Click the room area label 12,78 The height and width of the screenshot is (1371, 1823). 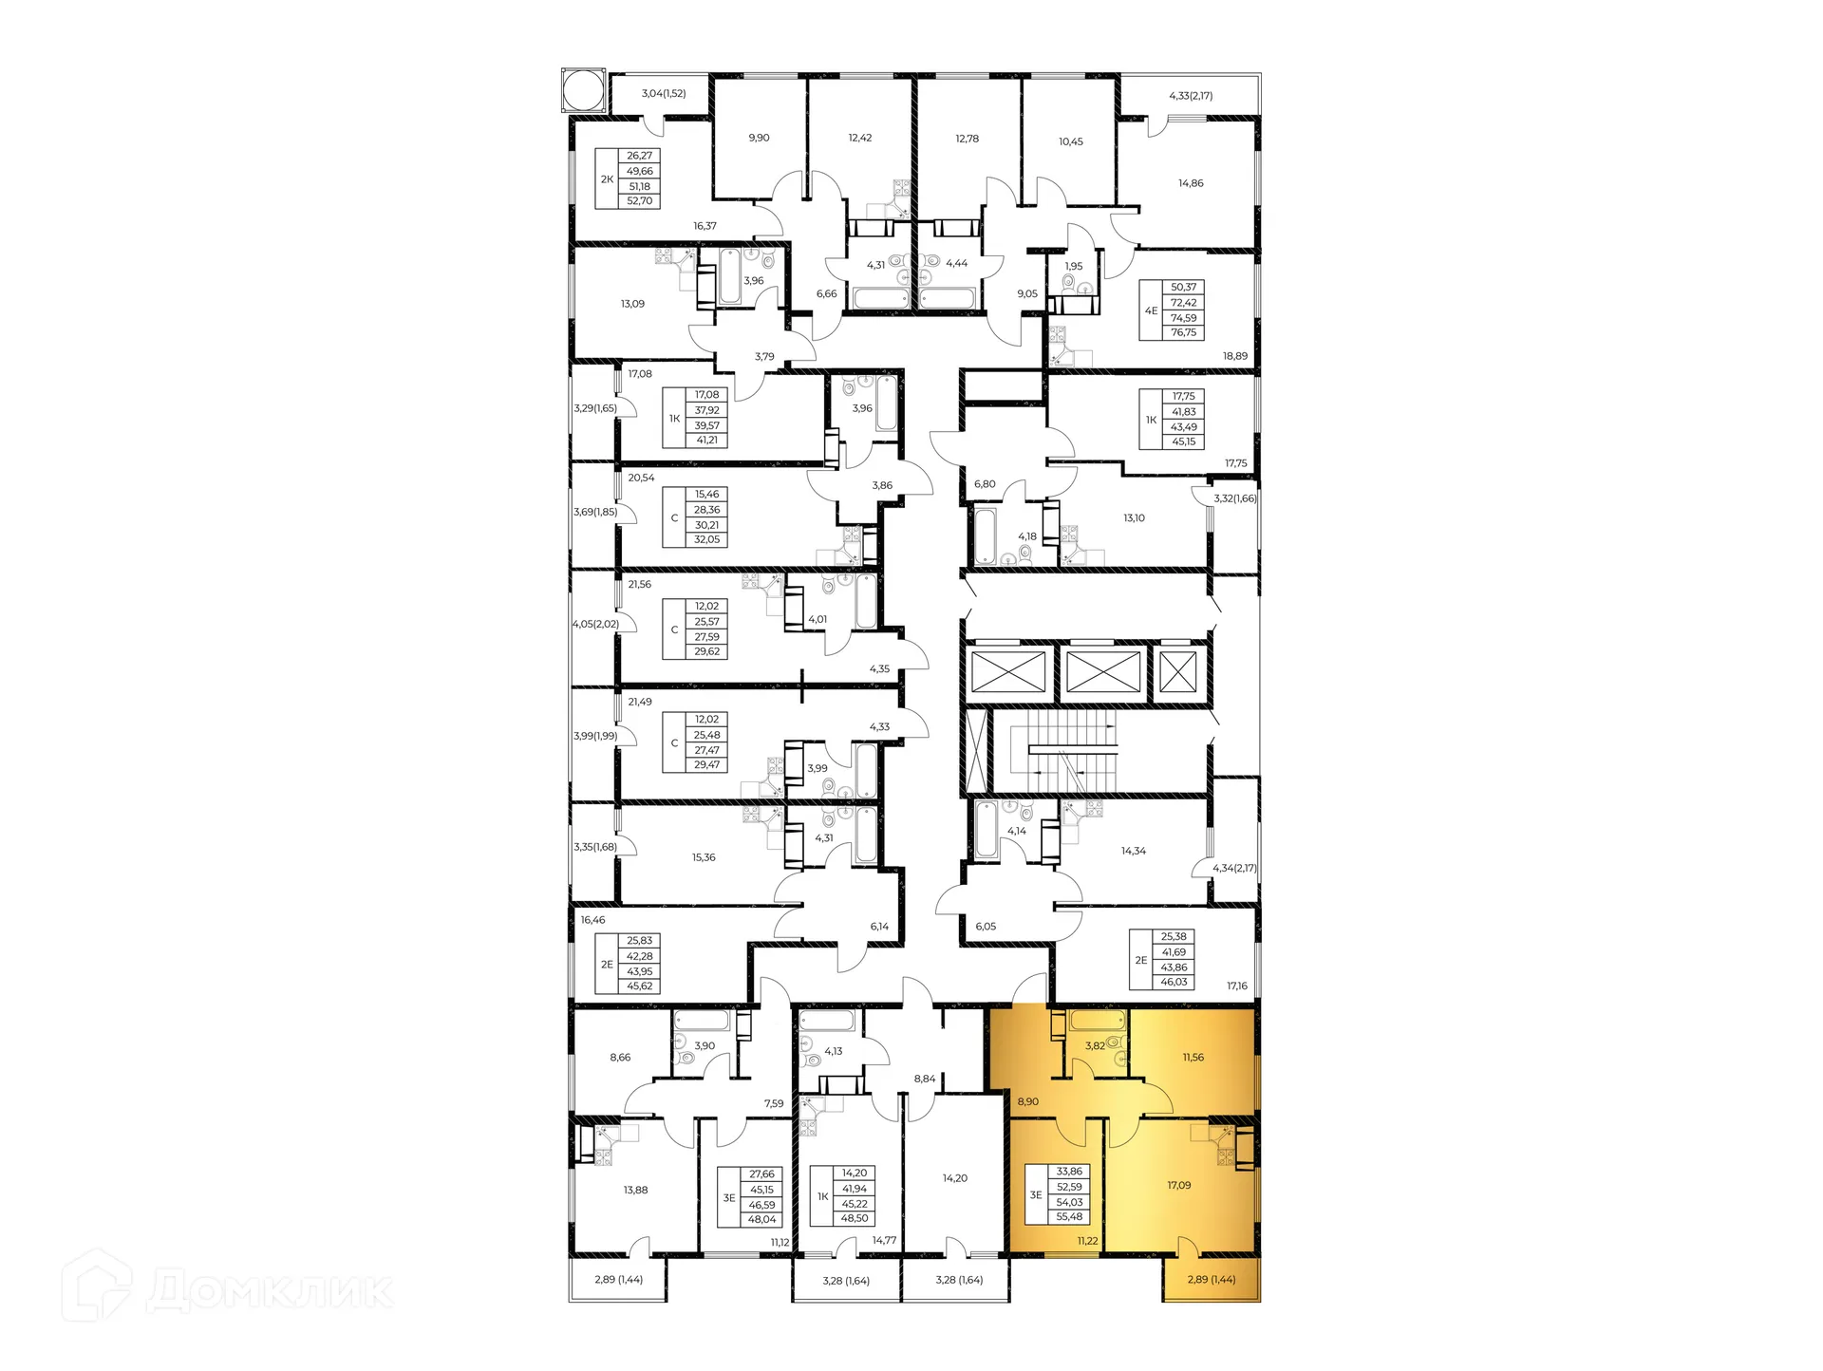point(967,139)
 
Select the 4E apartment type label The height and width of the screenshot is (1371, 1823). point(1151,310)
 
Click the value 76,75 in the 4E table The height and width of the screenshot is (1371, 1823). point(1183,333)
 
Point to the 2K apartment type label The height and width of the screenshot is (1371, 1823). point(607,179)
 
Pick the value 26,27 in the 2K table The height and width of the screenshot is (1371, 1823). point(639,156)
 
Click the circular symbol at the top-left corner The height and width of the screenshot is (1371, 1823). point(582,91)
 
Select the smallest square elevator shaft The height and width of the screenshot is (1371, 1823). point(1178,672)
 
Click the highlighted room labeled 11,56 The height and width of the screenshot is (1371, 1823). point(1193,1057)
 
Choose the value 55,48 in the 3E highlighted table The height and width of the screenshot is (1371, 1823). point(1069,1217)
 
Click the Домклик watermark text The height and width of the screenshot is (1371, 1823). point(270,1291)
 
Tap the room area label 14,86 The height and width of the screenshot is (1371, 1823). point(1191,183)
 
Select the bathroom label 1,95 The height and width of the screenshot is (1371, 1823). point(1073,267)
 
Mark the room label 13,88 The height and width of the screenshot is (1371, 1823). point(635,1190)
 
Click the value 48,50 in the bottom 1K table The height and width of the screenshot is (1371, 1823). point(854,1219)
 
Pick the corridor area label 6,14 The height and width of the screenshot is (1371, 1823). point(879,927)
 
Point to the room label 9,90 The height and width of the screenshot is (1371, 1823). point(759,138)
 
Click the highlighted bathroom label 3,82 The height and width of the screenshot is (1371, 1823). point(1095,1046)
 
